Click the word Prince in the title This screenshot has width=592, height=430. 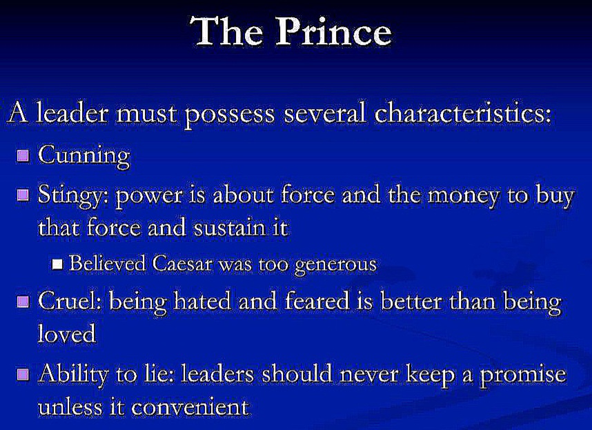pos(334,32)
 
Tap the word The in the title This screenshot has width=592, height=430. pos(226,32)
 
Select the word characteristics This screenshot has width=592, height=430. pos(463,113)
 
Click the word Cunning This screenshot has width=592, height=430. pos(84,155)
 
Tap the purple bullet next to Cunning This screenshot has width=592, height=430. pos(23,155)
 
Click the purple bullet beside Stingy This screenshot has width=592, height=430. pos(23,195)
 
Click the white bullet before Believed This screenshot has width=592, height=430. pos(57,264)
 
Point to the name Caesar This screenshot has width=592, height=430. pos(182,263)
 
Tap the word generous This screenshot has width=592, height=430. pos(335,265)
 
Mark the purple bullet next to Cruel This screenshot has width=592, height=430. pos(23,301)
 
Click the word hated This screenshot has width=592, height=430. pos(202,302)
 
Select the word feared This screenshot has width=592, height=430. pos(317,302)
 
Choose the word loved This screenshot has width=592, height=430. pos(67,334)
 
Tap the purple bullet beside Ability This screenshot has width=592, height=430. pos(23,374)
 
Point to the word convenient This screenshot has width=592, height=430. pos(190,407)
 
